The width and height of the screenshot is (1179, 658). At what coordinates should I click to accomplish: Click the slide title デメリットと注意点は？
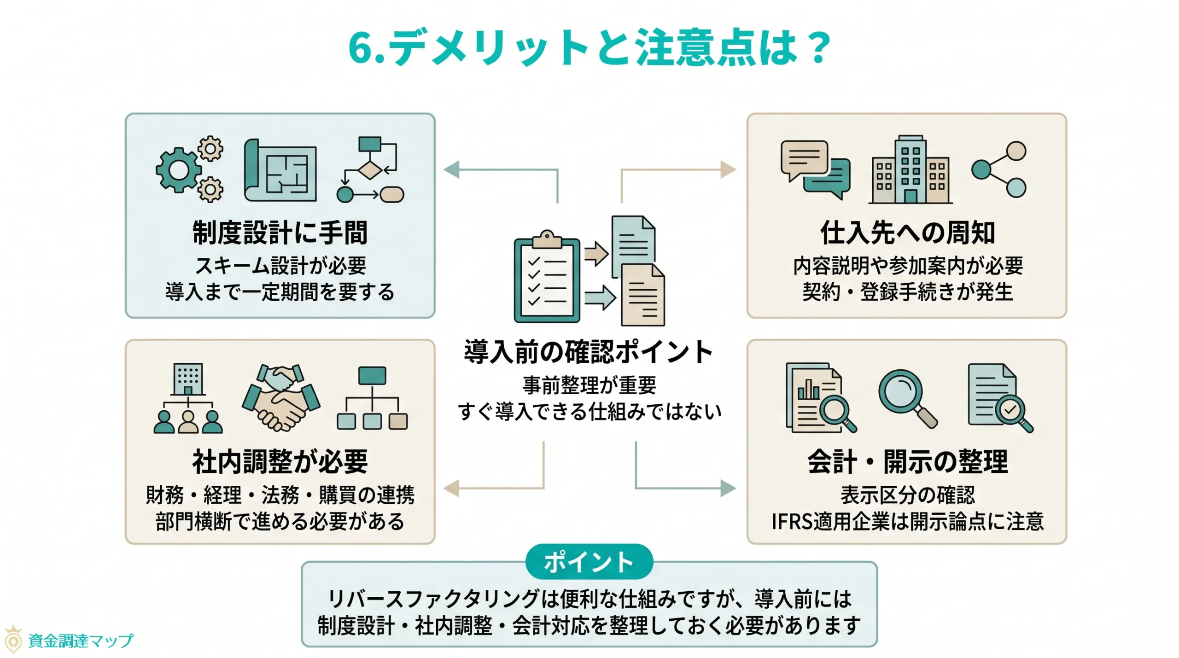pos(589,47)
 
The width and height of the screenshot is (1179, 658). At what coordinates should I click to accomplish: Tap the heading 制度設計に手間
pos(280,233)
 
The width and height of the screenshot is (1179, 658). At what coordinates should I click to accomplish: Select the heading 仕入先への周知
pos(907,233)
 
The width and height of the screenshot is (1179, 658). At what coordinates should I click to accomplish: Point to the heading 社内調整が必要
pos(280,461)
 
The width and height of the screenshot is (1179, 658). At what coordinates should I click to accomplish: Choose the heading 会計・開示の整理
pos(907,461)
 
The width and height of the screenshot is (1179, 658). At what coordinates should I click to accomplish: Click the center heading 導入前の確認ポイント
pos(589,352)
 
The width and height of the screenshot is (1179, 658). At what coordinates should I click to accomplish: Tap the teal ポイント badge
pos(589,562)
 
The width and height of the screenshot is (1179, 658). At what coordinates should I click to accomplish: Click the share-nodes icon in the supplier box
pos(999,169)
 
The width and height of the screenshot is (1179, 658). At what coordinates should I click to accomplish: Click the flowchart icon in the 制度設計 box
pos(371,169)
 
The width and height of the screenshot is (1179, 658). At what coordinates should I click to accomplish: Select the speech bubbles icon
pos(815,169)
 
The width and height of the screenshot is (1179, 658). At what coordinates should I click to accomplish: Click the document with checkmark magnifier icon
pos(999,398)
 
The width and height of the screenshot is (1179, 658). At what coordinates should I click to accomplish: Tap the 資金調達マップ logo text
pos(81,641)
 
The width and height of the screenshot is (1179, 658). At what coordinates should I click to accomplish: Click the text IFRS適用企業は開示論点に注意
pos(907,522)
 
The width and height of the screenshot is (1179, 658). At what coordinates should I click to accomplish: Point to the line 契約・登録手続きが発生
pos(907,292)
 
